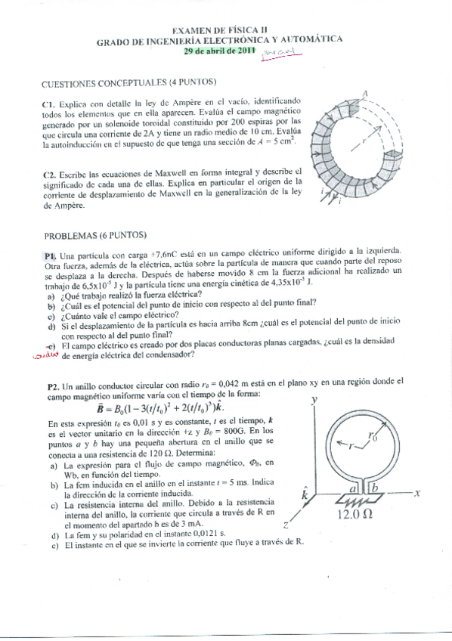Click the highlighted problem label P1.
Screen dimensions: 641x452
click(x=51, y=255)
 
